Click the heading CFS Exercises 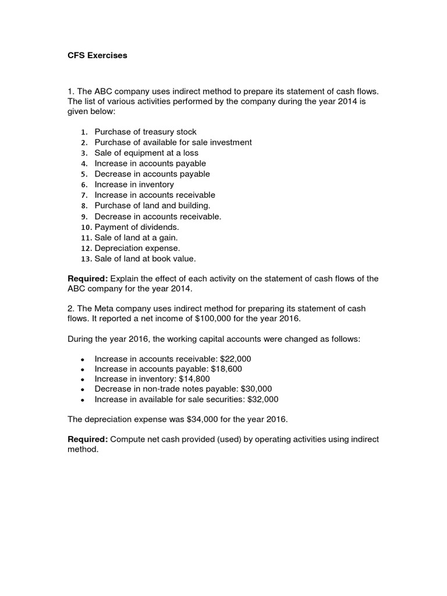click(x=97, y=56)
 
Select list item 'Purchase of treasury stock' click(x=146, y=132)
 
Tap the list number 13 click(x=85, y=258)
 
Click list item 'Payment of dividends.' click(x=137, y=227)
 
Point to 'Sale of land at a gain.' click(x=136, y=237)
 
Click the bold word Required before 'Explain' click(x=87, y=279)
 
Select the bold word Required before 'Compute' click(x=87, y=439)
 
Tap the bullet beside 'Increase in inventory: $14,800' click(x=83, y=379)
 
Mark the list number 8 click(x=84, y=205)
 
